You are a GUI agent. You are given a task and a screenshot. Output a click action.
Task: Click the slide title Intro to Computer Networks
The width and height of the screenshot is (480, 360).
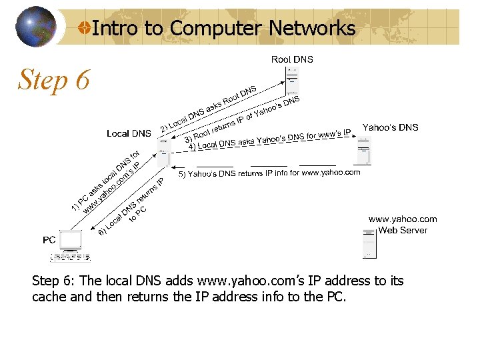pyautogui.click(x=223, y=28)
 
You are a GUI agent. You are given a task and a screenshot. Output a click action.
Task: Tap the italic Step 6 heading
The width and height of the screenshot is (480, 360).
pyautogui.click(x=53, y=80)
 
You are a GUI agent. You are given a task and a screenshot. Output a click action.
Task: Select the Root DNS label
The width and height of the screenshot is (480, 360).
pyautogui.click(x=292, y=59)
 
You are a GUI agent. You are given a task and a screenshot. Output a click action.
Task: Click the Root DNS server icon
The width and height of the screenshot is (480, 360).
pyautogui.click(x=291, y=81)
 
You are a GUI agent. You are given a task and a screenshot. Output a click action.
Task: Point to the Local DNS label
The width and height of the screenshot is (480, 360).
pyautogui.click(x=129, y=133)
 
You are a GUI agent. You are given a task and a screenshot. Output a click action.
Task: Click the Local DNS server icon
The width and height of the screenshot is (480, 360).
pyautogui.click(x=163, y=152)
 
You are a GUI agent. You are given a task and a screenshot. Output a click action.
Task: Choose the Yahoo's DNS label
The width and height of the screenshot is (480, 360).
pyautogui.click(x=390, y=127)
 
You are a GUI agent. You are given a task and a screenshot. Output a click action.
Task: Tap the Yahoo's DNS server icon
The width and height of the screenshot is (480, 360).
pyautogui.click(x=363, y=151)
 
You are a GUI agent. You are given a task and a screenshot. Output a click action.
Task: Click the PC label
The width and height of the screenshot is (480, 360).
pyautogui.click(x=49, y=239)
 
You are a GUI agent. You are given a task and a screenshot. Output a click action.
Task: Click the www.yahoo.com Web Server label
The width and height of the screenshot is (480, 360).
pyautogui.click(x=403, y=225)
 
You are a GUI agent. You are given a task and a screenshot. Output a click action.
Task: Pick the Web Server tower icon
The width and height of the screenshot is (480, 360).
pyautogui.click(x=369, y=243)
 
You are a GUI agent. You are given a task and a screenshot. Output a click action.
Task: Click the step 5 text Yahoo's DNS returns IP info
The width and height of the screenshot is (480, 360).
pyautogui.click(x=269, y=173)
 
